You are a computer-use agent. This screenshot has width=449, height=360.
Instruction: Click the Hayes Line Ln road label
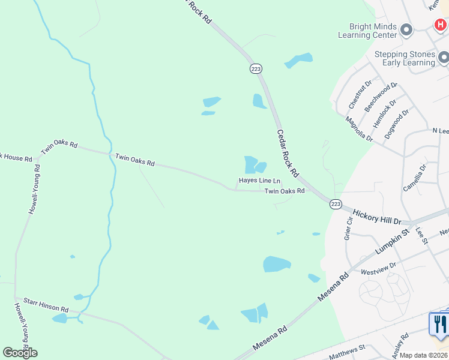coord(259,181)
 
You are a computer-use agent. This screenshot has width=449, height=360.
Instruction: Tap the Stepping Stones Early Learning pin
coord(444,58)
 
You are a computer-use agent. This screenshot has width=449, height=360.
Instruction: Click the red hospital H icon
coord(440,25)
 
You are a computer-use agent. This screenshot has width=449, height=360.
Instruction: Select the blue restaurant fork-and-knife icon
coord(440,324)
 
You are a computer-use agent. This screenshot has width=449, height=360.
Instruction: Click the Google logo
coord(20,353)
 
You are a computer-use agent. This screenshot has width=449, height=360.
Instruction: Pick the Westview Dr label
coord(378,268)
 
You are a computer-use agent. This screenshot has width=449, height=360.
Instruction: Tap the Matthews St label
coord(347,352)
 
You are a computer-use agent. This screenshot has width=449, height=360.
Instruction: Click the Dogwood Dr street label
coord(397,124)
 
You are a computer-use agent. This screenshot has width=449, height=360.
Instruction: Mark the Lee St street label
coord(421,235)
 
